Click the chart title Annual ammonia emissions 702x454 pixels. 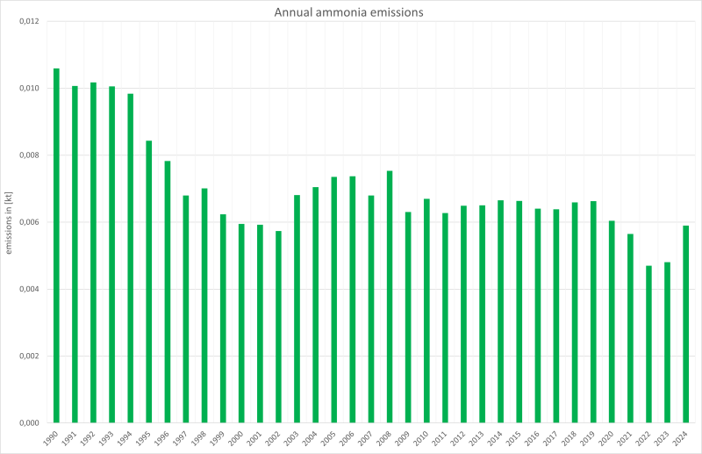(x=351, y=12)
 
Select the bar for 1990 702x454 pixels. (x=56, y=246)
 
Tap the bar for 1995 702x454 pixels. (x=149, y=281)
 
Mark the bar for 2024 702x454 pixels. (x=686, y=324)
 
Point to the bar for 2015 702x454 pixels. (x=519, y=312)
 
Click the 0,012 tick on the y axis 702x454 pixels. (x=29, y=21)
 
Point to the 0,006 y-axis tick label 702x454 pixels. (x=29, y=222)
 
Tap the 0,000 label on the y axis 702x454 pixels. (x=29, y=423)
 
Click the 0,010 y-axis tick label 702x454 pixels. (x=29, y=88)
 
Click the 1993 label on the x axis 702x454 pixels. (x=108, y=438)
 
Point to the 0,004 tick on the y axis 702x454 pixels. (x=29, y=289)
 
